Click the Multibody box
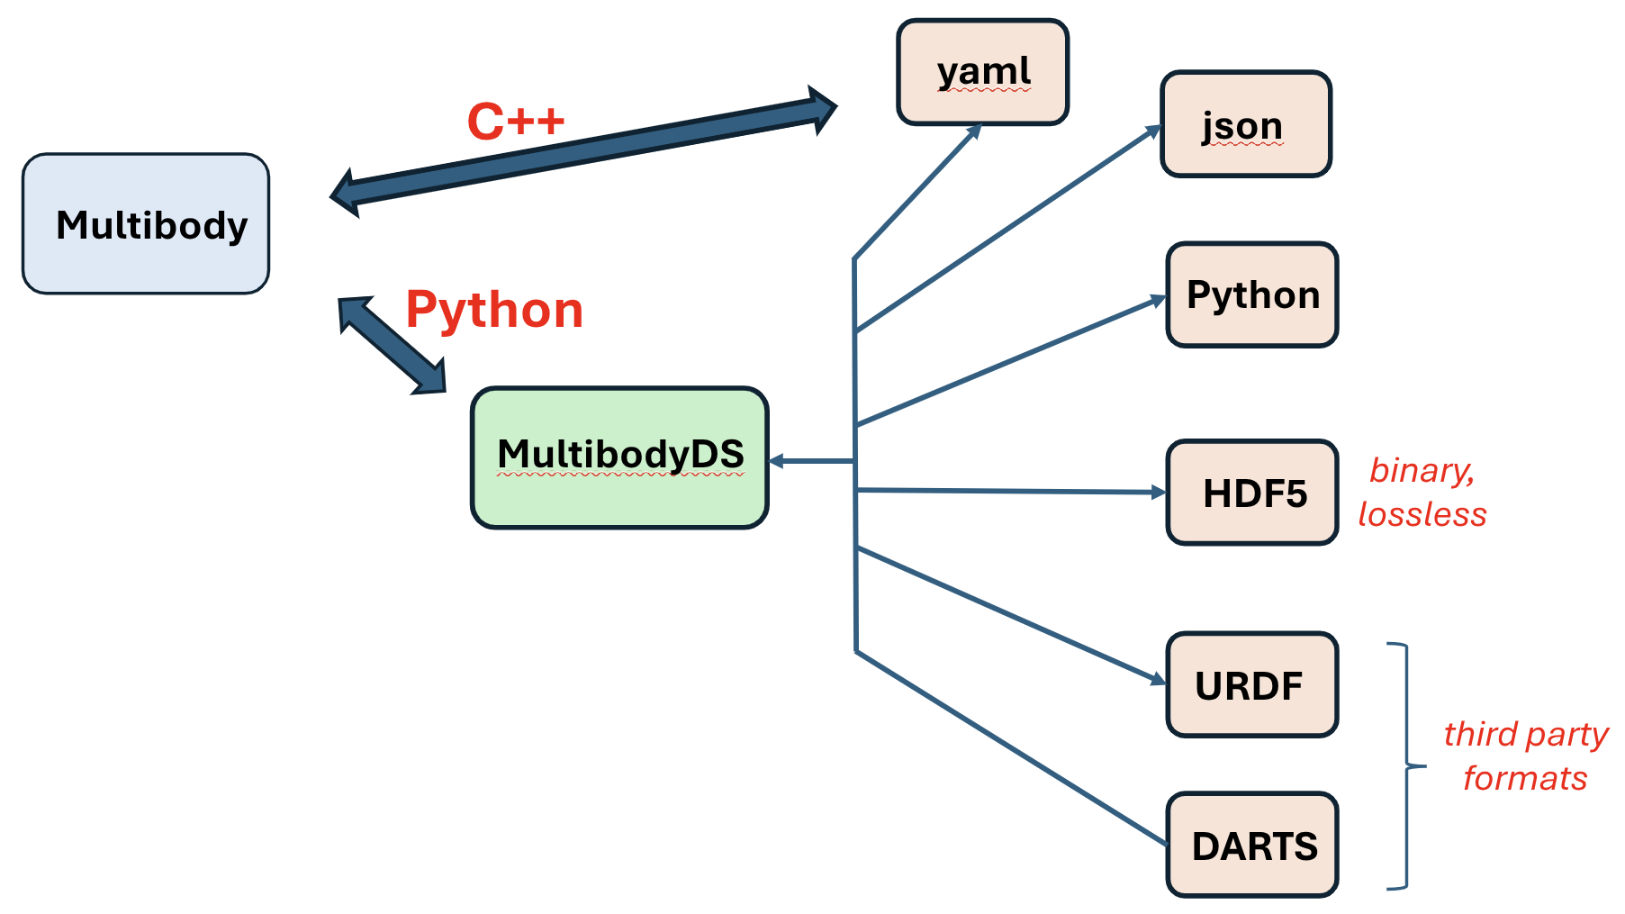point(146,223)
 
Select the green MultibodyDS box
point(619,457)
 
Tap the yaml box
point(982,72)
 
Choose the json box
point(1245,124)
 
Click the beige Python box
point(1251,294)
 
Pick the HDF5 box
point(1251,493)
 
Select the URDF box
point(1251,684)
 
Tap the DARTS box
point(1251,845)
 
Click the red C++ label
point(515,122)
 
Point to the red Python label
point(494,310)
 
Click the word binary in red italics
point(1421,470)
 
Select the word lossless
point(1422,514)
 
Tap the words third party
point(1525,734)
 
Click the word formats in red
point(1524,778)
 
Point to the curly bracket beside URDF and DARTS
point(1406,766)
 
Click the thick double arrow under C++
point(583,151)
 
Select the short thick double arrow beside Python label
point(392,346)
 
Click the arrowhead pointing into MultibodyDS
point(776,461)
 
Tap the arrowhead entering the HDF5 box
point(1159,492)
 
